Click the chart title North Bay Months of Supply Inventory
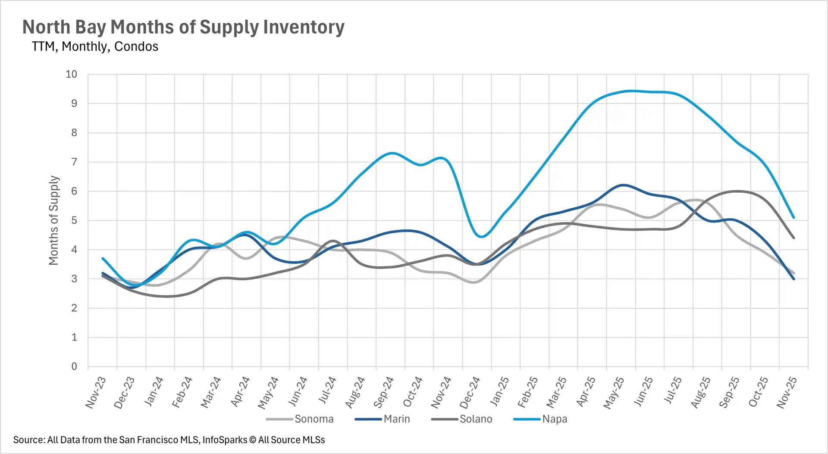[183, 27]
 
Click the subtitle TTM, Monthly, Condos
[95, 46]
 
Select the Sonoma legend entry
[314, 419]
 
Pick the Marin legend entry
[396, 419]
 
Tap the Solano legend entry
[475, 419]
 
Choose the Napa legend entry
[554, 419]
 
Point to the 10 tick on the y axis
[71, 74]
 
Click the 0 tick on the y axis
[74, 366]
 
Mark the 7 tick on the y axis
[74, 162]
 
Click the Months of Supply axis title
[53, 220]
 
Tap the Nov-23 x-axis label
[96, 392]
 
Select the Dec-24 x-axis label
[470, 392]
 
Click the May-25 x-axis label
[614, 392]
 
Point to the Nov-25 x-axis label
[787, 392]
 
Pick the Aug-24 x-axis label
[355, 392]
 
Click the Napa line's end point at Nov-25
[793, 218]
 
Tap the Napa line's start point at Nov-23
[103, 258]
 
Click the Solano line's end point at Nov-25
[793, 238]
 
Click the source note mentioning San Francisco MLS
[169, 440]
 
